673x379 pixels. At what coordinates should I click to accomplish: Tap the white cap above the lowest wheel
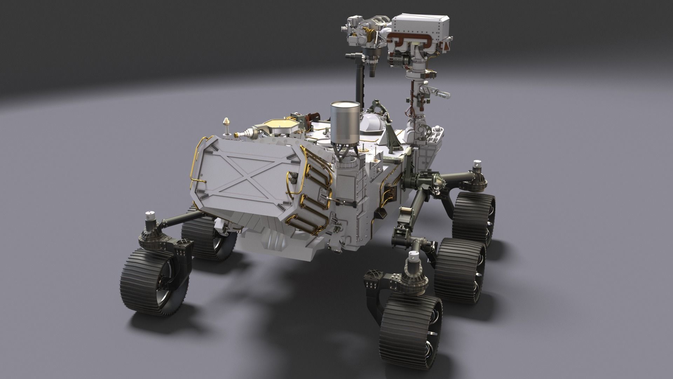coord(415,257)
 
